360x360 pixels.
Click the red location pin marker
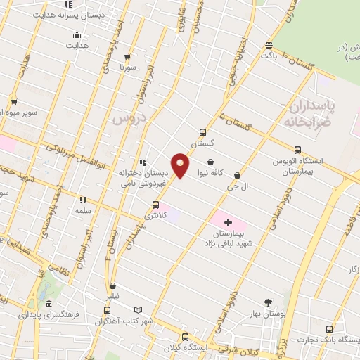coord(180,165)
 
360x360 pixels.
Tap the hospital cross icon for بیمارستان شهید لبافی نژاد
coord(227,222)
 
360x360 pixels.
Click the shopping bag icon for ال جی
coord(237,175)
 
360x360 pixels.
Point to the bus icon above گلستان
coord(202,132)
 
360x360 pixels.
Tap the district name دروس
coord(127,118)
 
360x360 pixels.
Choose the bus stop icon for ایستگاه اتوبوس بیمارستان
coord(297,150)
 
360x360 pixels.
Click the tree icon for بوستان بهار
coord(268,302)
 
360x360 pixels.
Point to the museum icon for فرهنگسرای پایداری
coord(48,304)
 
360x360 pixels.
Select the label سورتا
coord(127,67)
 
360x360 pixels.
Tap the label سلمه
coord(84,210)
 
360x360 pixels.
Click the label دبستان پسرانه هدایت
coord(67,14)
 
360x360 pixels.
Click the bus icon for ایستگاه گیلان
coord(185,337)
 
